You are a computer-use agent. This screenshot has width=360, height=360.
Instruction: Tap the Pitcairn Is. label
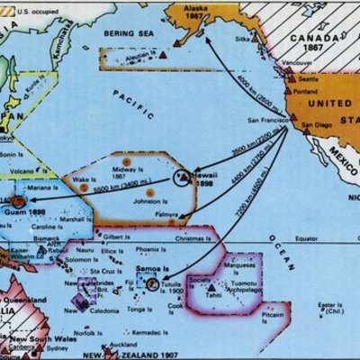(270, 317)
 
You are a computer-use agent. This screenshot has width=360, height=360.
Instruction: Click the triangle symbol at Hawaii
(183, 178)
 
